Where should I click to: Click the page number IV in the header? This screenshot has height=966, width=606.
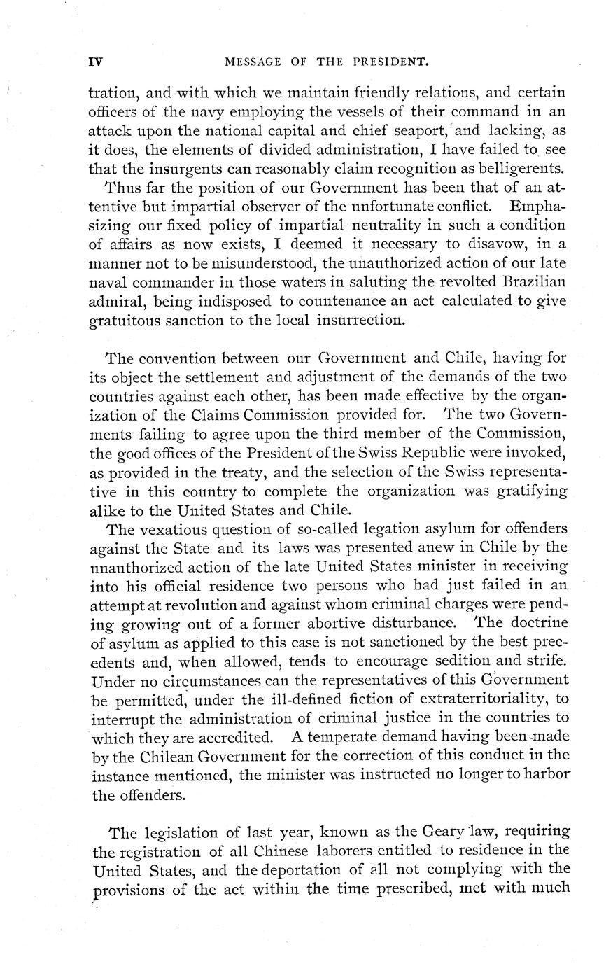[96, 62]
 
